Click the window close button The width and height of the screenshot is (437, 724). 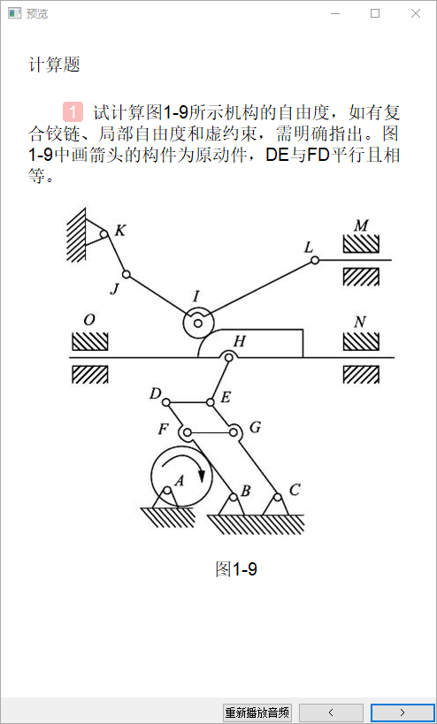pos(415,14)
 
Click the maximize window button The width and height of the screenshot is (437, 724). pos(375,14)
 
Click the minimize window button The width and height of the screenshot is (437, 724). pos(335,14)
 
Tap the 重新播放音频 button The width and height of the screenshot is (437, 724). pos(257,713)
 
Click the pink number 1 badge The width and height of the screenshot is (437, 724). pos(73,111)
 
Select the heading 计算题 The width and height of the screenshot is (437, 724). pos(55,65)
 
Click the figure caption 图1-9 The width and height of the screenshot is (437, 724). pos(236,569)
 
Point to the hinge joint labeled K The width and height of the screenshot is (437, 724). pos(103,233)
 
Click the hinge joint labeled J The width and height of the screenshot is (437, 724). pos(126,274)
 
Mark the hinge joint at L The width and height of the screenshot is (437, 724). pos(315,261)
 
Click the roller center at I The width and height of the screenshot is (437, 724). pos(198,324)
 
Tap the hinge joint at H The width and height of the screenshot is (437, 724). pos(228,357)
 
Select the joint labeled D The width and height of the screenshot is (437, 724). pos(166,402)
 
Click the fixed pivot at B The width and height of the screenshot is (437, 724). pos(234,498)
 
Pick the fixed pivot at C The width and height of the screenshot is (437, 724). pos(277,498)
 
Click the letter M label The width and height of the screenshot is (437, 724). pos(361,225)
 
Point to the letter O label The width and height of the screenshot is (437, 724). pos(89,320)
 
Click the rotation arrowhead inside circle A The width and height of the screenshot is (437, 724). pos(201,475)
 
